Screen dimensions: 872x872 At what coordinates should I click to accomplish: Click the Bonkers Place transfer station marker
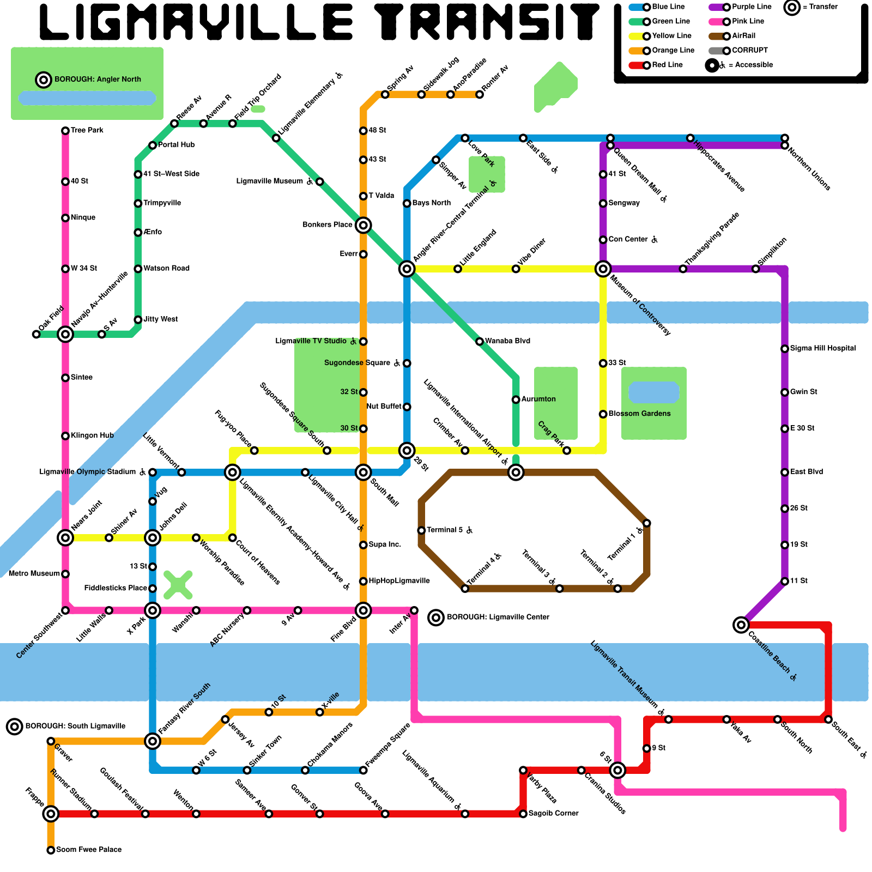click(364, 225)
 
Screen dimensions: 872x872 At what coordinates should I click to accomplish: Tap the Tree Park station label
click(87, 130)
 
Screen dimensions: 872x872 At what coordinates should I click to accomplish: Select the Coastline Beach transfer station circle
click(741, 625)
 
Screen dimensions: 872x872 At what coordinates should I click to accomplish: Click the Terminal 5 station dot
click(421, 530)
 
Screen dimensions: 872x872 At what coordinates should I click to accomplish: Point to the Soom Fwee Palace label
click(89, 850)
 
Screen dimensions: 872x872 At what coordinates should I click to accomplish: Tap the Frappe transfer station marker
click(51, 814)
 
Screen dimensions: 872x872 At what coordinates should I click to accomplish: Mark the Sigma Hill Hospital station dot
click(785, 349)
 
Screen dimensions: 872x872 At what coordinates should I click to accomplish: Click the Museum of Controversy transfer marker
click(603, 269)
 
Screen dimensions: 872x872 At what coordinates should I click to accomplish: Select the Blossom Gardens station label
click(639, 414)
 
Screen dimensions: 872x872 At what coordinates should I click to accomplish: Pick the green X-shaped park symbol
click(178, 585)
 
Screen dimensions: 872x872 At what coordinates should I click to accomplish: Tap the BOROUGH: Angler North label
click(98, 80)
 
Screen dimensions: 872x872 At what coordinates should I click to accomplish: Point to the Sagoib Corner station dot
click(523, 814)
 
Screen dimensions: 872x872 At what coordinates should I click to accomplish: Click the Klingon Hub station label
click(92, 435)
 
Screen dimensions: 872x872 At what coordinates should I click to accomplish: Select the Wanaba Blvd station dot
click(480, 341)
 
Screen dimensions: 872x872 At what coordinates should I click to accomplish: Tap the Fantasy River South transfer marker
click(153, 741)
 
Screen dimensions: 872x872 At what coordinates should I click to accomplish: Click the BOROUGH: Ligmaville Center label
click(498, 617)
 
